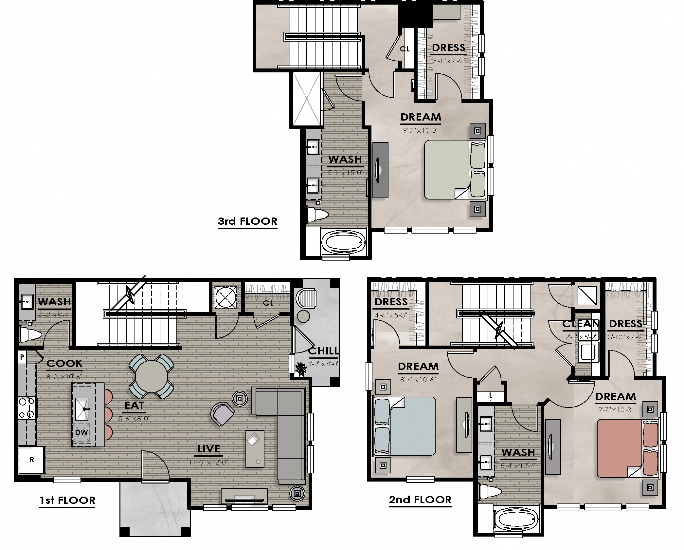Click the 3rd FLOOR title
point(247,221)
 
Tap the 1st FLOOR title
point(67,500)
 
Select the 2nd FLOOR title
point(420,500)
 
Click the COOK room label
point(64,363)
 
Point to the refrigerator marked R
point(31,460)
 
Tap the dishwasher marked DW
point(81,432)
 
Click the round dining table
point(151,376)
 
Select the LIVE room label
point(209,449)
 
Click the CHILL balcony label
point(323,351)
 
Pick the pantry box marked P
point(22,357)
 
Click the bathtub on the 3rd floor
point(343,243)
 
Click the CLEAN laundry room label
point(581,324)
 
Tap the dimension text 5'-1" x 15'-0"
point(345,173)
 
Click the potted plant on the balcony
point(300,369)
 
